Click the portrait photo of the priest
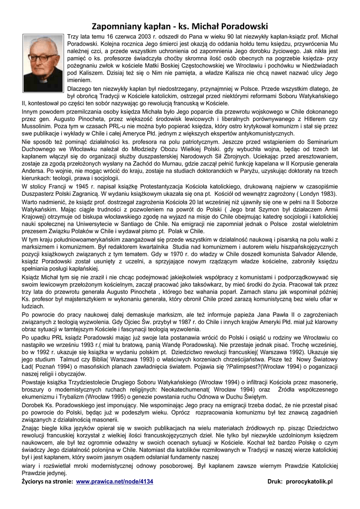point(43,63)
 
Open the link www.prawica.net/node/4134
point(114,482)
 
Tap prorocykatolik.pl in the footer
point(309,482)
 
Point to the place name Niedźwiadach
point(317,65)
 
